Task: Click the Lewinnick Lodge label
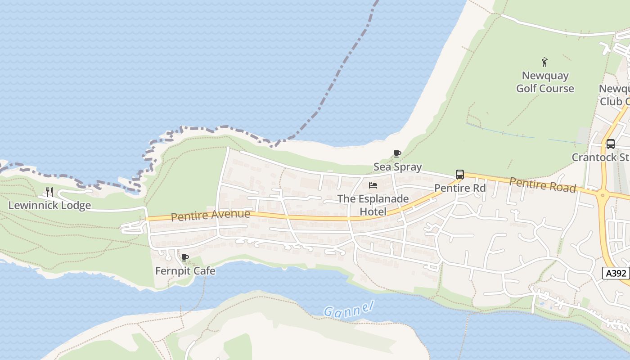[49, 206]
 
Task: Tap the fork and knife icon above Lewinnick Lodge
[49, 192]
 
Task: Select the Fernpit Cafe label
[185, 271]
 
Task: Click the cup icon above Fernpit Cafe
[184, 258]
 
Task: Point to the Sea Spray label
[398, 167]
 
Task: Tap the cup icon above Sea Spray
[397, 154]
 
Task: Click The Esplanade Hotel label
[373, 205]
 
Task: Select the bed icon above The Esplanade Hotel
[373, 185]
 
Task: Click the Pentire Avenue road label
[210, 215]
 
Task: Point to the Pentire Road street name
[543, 184]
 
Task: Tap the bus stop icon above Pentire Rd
[460, 175]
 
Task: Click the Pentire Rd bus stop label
[460, 188]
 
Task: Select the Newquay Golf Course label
[545, 82]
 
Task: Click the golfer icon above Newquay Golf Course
[545, 62]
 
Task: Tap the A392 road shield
[616, 273]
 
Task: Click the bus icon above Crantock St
[611, 144]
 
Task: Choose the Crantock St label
[600, 157]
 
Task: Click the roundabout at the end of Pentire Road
[603, 196]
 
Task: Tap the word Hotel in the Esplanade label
[373, 211]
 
